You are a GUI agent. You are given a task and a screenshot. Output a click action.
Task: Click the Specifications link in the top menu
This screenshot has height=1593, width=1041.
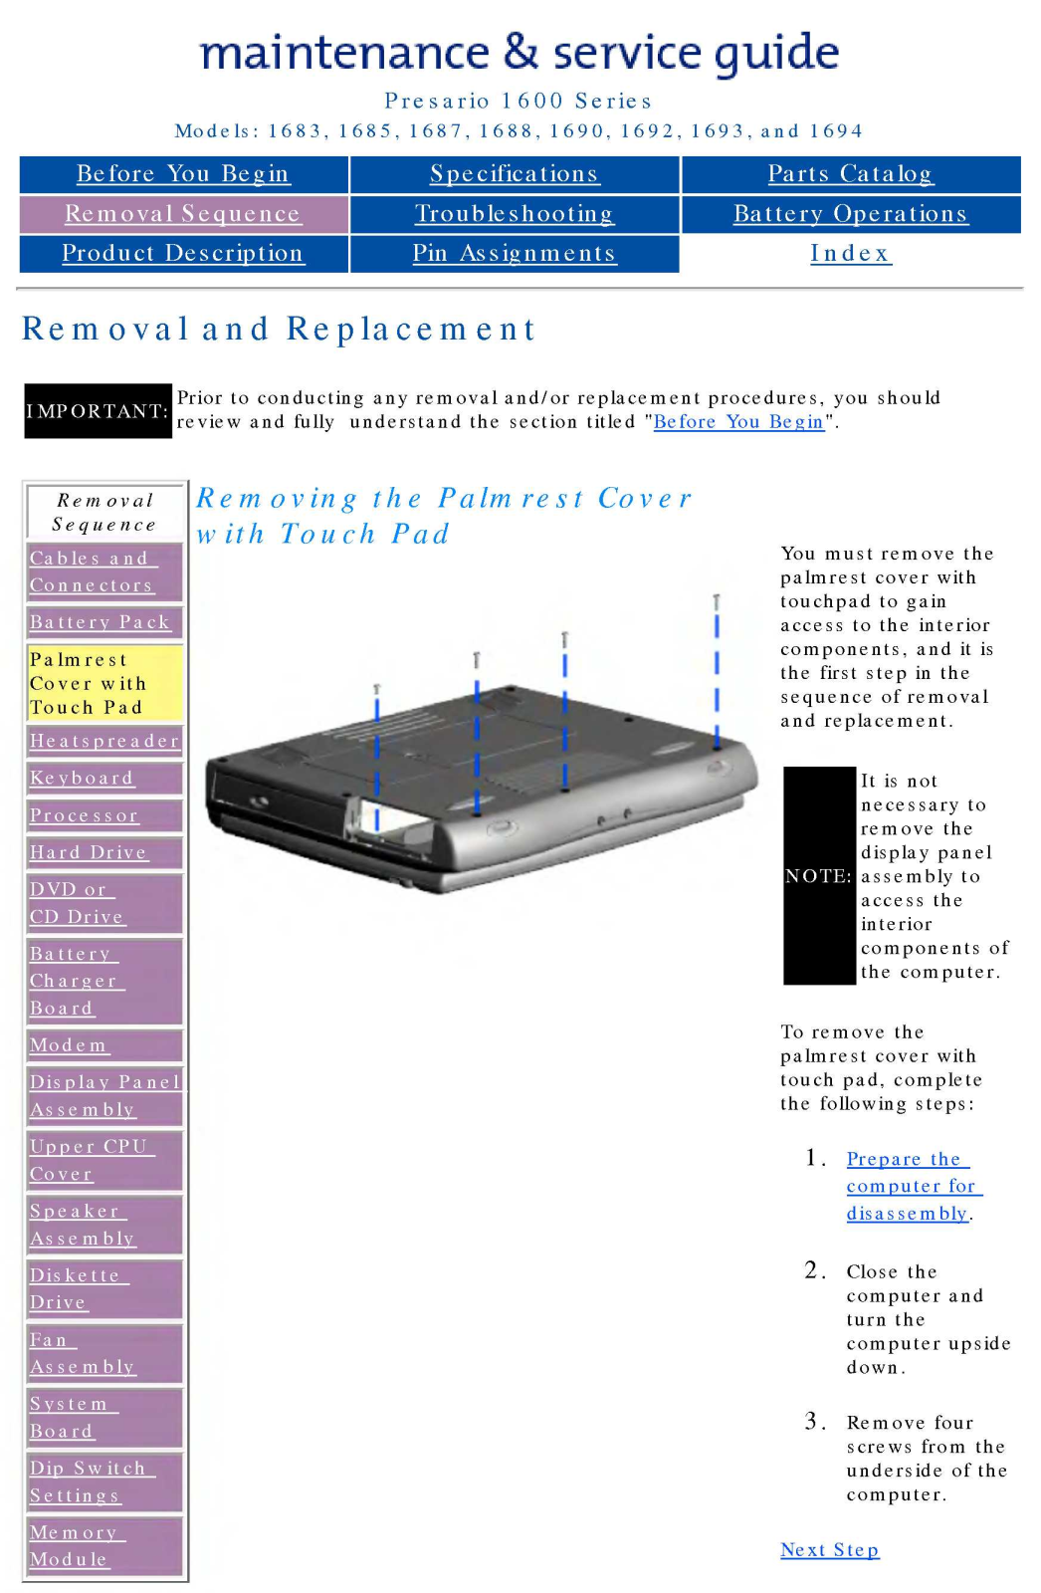pos(514,174)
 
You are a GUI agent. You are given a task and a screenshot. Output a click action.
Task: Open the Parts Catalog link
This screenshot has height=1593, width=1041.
pos(850,174)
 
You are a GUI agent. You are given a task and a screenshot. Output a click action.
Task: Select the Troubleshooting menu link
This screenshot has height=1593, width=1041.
pos(514,214)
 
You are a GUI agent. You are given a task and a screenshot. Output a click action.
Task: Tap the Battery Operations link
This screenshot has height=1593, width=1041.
pos(850,214)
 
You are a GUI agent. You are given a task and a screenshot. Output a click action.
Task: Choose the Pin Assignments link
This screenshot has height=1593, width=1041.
pos(514,254)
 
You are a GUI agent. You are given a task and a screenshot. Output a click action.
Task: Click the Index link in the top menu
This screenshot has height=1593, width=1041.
pos(850,254)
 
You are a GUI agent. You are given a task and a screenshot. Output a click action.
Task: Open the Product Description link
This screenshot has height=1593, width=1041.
pos(182,254)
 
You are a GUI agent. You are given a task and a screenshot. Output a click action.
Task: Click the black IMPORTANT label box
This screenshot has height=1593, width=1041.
pos(98,411)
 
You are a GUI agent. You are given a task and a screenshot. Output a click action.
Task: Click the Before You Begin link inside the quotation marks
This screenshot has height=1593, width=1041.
pos(738,422)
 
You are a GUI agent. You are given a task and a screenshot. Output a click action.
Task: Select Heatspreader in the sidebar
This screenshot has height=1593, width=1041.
pos(104,741)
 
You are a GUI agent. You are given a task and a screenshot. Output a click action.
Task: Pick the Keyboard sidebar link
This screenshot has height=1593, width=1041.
pos(82,779)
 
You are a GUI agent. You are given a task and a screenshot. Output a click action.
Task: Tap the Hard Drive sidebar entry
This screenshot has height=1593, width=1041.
pos(89,853)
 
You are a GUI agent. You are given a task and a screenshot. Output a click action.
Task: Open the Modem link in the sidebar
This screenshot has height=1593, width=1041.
pos(69,1045)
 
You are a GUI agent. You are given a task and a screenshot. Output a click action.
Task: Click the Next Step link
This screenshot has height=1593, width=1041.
pos(829,1550)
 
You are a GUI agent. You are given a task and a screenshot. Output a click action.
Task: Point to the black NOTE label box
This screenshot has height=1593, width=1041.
pos(819,876)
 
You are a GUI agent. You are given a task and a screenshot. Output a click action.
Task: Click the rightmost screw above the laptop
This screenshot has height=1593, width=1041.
pos(716,601)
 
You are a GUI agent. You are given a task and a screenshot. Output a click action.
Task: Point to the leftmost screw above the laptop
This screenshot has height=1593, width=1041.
pos(377,689)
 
